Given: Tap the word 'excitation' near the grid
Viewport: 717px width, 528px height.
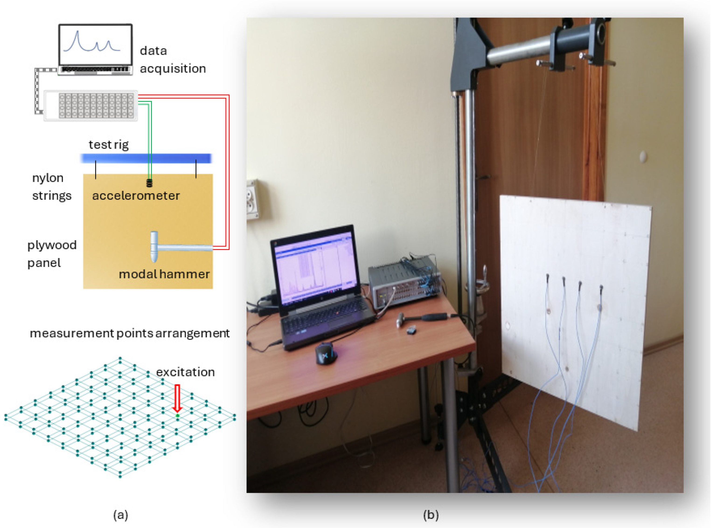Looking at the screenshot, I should [x=185, y=372].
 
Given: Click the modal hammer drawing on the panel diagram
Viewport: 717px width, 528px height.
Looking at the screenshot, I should [x=173, y=247].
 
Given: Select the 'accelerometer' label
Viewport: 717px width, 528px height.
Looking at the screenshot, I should [x=136, y=196].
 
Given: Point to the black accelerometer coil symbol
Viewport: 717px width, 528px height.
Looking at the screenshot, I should [x=149, y=183].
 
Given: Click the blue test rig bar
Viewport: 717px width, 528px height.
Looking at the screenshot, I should [x=146, y=158].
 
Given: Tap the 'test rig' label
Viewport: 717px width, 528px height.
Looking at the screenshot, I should [x=109, y=145].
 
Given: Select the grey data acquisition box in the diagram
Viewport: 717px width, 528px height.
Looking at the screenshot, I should [x=91, y=105].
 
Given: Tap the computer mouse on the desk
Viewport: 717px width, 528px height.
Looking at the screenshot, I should [x=326, y=353].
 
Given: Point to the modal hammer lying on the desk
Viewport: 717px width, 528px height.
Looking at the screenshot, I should [x=422, y=318].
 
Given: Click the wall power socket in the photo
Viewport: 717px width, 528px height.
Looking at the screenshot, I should [x=252, y=200].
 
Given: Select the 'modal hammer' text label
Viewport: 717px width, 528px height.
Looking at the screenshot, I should [x=164, y=274].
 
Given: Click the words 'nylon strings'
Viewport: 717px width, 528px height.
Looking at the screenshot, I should [x=51, y=187].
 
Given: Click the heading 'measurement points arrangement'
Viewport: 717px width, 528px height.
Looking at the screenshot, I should [x=129, y=333].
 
